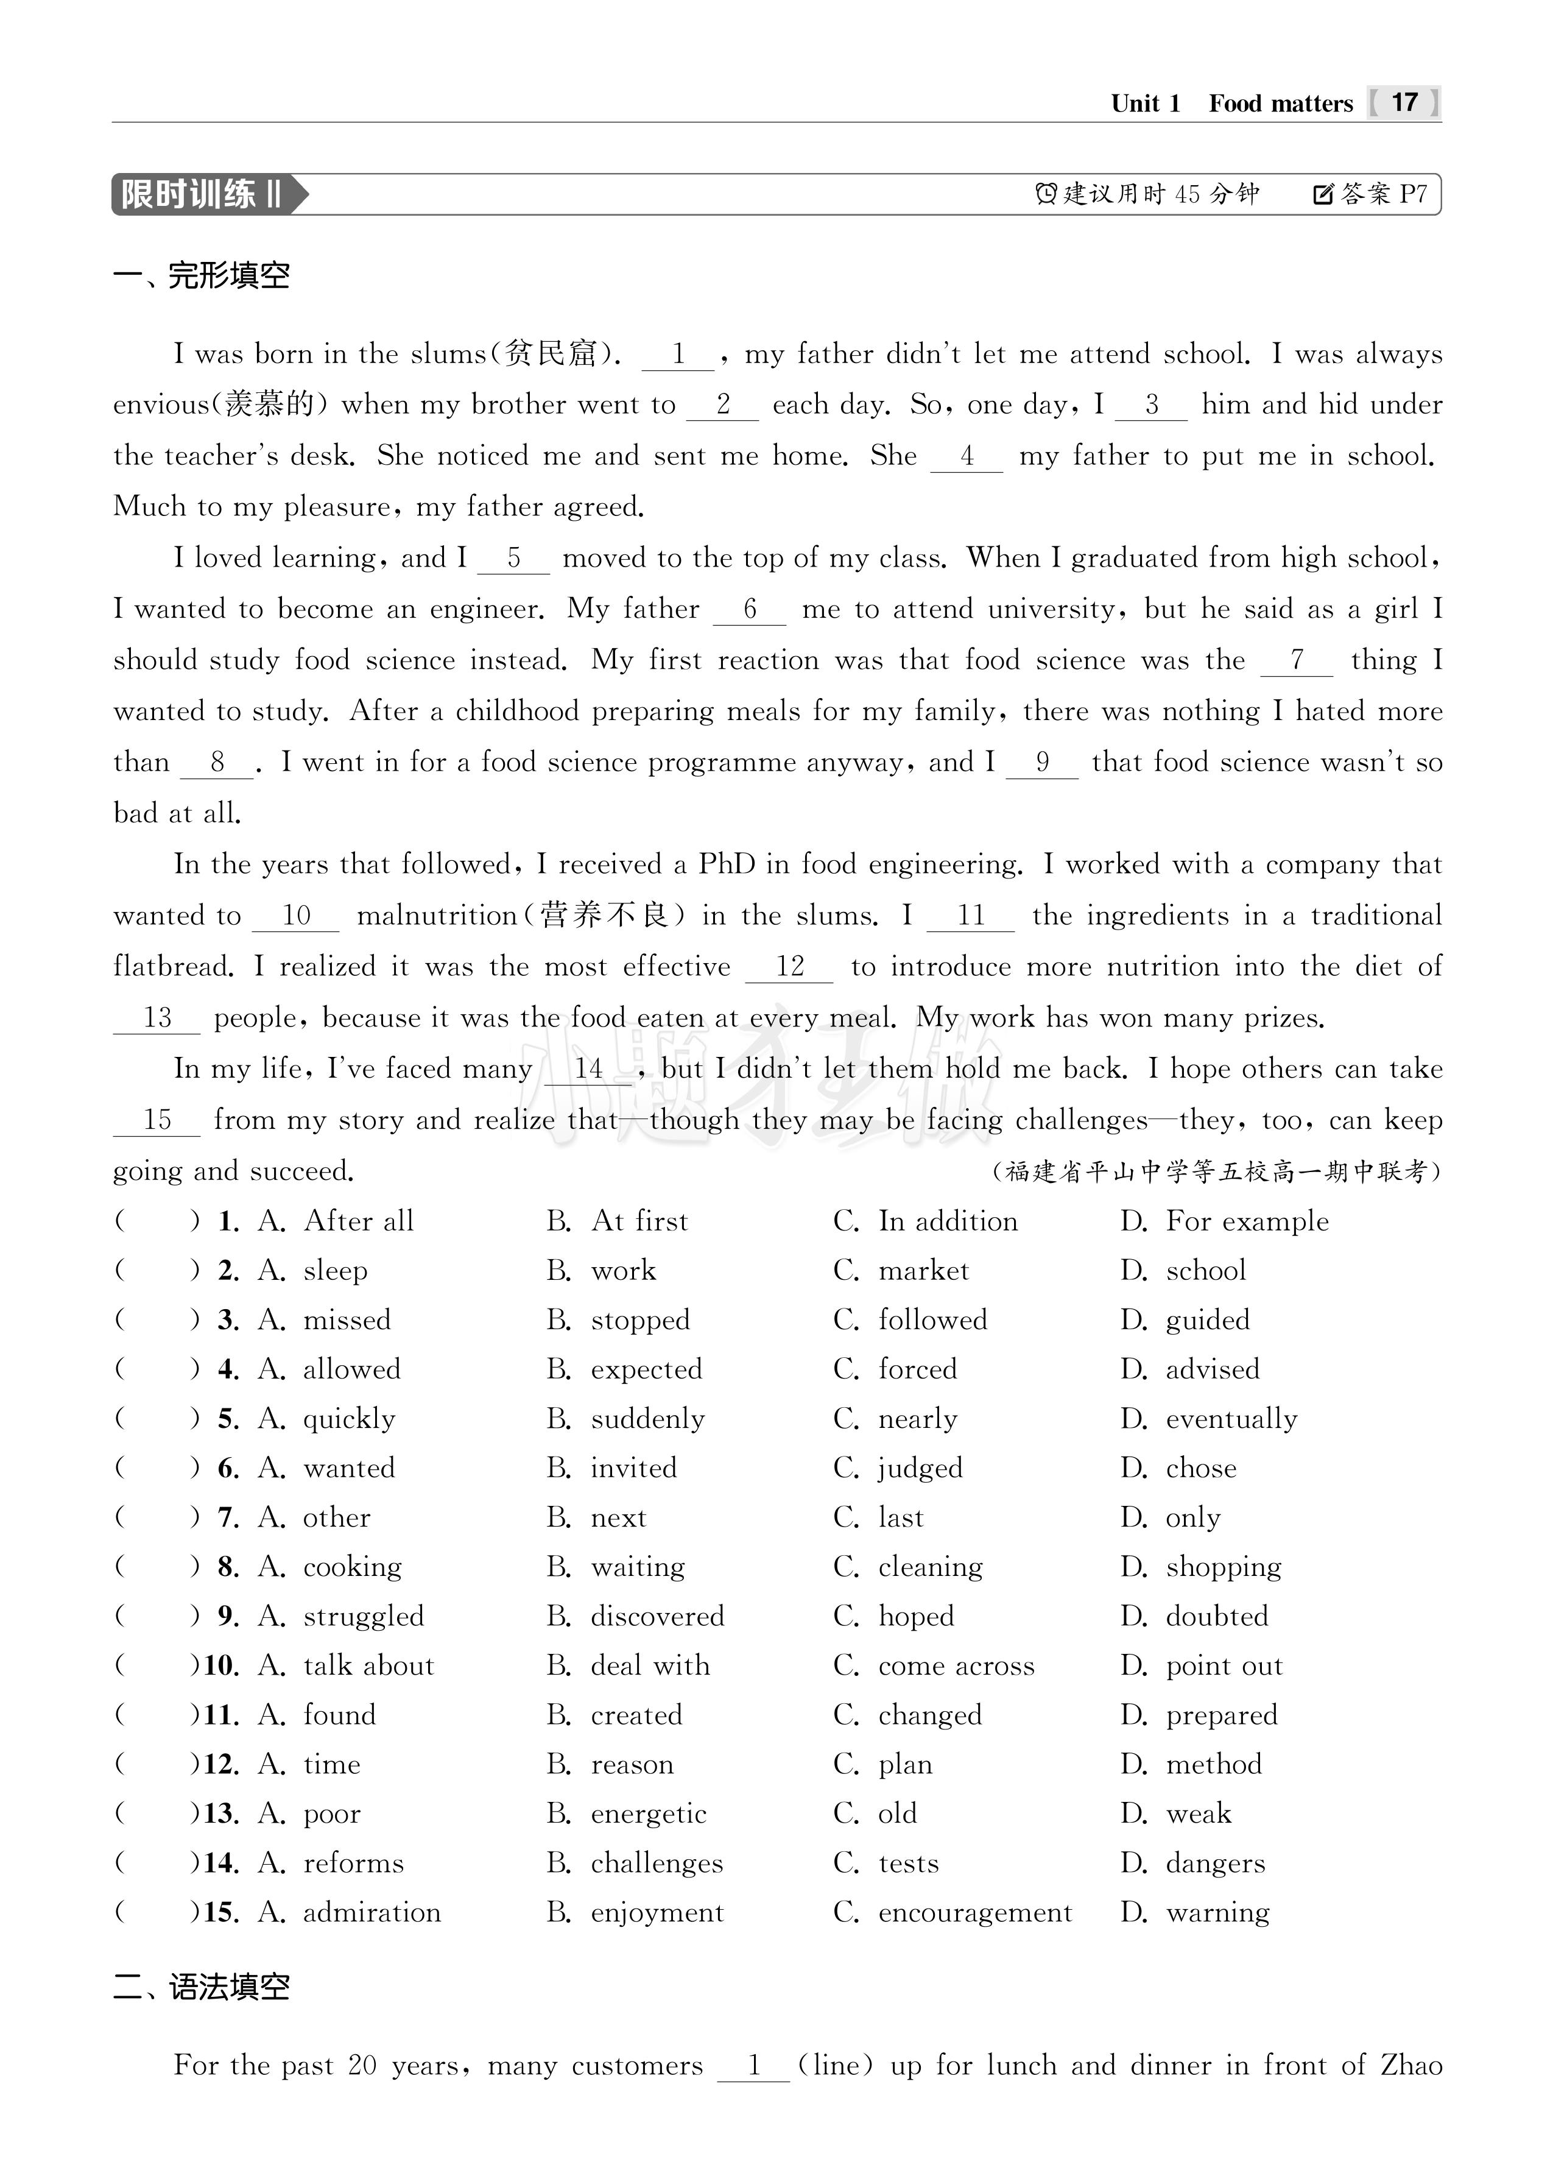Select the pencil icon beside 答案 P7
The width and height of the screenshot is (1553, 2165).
1323,195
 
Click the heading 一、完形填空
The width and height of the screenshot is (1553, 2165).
202,276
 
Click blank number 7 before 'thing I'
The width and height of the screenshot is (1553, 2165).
1296,660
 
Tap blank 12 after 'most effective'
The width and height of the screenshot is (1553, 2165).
789,967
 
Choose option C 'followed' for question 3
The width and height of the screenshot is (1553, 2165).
932,1320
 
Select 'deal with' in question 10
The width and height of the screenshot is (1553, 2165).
650,1665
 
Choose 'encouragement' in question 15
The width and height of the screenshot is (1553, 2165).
974,1912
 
